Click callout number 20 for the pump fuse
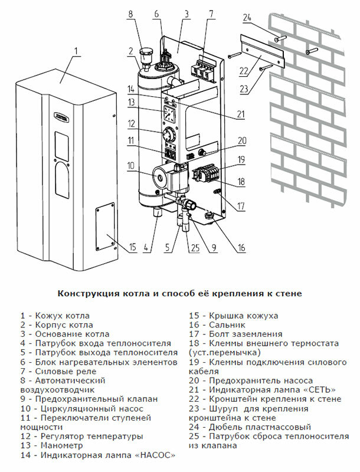[241, 140]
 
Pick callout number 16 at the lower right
[241, 248]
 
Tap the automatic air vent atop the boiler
[144, 57]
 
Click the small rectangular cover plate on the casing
[106, 224]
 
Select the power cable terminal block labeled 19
[205, 175]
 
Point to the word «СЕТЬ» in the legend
[320, 389]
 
